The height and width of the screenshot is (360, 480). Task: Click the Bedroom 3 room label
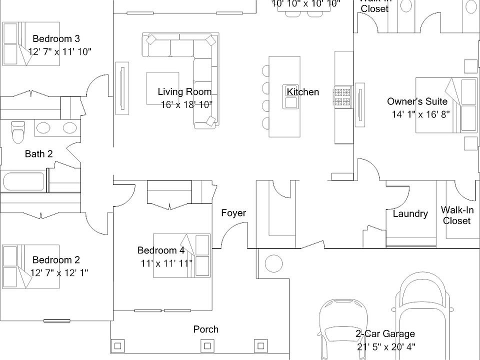coord(56,38)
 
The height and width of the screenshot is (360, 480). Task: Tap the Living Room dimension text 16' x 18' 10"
coord(186,104)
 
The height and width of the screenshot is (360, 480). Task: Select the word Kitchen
coord(302,92)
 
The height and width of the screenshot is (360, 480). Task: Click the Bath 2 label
coord(38,154)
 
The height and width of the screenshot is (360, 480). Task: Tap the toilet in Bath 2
coord(17,131)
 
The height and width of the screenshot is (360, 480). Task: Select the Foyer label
coord(233,213)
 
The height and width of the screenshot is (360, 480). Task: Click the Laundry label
coord(410,214)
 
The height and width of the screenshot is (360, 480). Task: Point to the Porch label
coord(205,329)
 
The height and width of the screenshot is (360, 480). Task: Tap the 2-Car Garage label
coord(385,334)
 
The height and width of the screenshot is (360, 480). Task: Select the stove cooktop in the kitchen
coord(342,96)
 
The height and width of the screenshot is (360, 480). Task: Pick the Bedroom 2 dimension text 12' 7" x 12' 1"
coord(59,273)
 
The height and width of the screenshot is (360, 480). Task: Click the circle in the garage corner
coord(273,262)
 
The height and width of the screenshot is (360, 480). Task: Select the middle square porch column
coord(205,345)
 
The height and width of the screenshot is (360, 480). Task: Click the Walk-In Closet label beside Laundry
coord(456,215)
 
